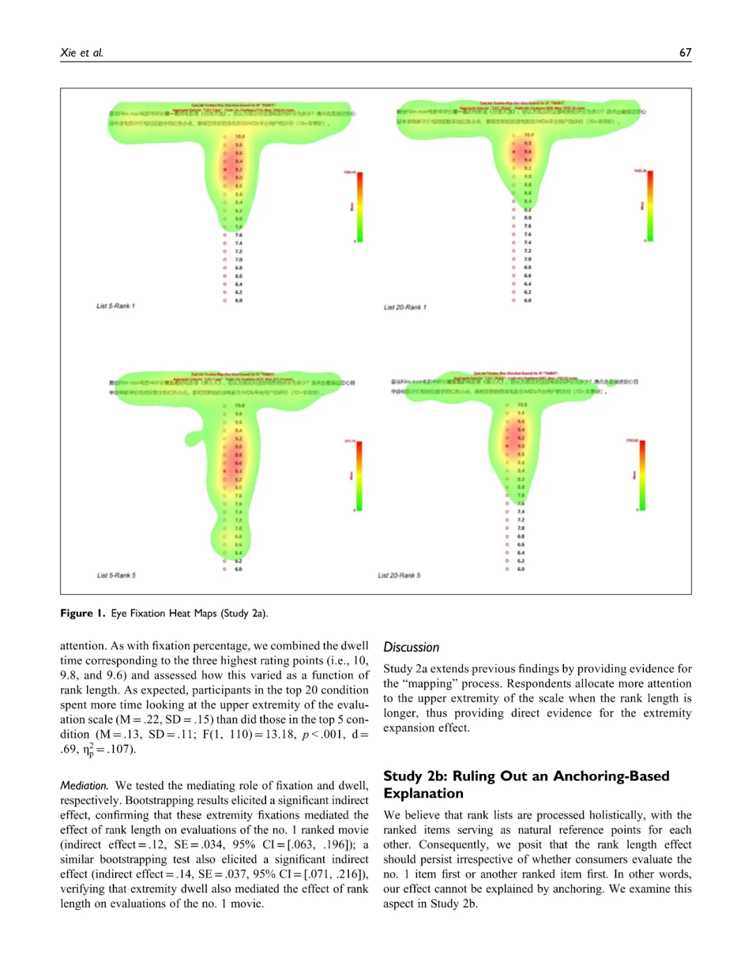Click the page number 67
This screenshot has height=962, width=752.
(x=685, y=52)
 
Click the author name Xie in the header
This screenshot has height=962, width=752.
(x=68, y=52)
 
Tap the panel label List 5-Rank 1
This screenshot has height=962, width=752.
(x=116, y=306)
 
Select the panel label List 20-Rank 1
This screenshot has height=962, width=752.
(x=405, y=307)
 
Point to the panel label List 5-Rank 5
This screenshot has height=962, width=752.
(x=116, y=575)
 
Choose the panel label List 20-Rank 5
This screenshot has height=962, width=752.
(x=399, y=575)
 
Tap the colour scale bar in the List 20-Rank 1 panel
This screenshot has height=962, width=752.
(x=649, y=207)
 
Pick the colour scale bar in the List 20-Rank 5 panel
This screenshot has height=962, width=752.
(x=641, y=476)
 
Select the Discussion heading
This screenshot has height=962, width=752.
(x=411, y=647)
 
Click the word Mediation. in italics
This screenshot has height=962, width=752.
(x=84, y=785)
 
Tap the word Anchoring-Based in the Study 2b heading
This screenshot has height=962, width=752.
(x=611, y=776)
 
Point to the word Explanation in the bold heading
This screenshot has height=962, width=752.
(x=423, y=793)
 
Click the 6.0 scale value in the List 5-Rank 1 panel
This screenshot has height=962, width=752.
(x=239, y=300)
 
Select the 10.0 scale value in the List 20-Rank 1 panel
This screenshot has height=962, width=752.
(x=529, y=134)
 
